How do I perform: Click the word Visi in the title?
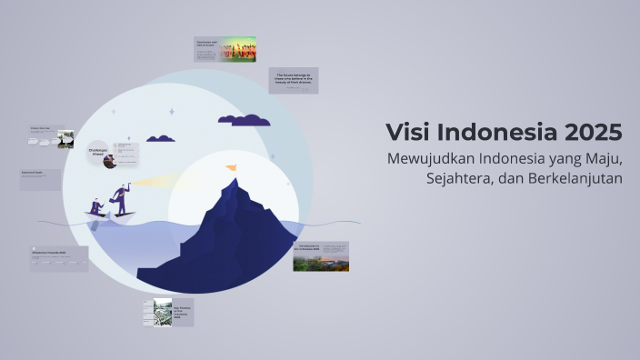409,132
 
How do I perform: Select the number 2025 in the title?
592,132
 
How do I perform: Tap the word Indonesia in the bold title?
495,132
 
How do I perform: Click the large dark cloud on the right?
244,119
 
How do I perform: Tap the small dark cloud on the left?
161,138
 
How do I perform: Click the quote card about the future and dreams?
294,81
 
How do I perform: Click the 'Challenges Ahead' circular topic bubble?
98,153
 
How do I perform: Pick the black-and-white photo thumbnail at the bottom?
162,311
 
